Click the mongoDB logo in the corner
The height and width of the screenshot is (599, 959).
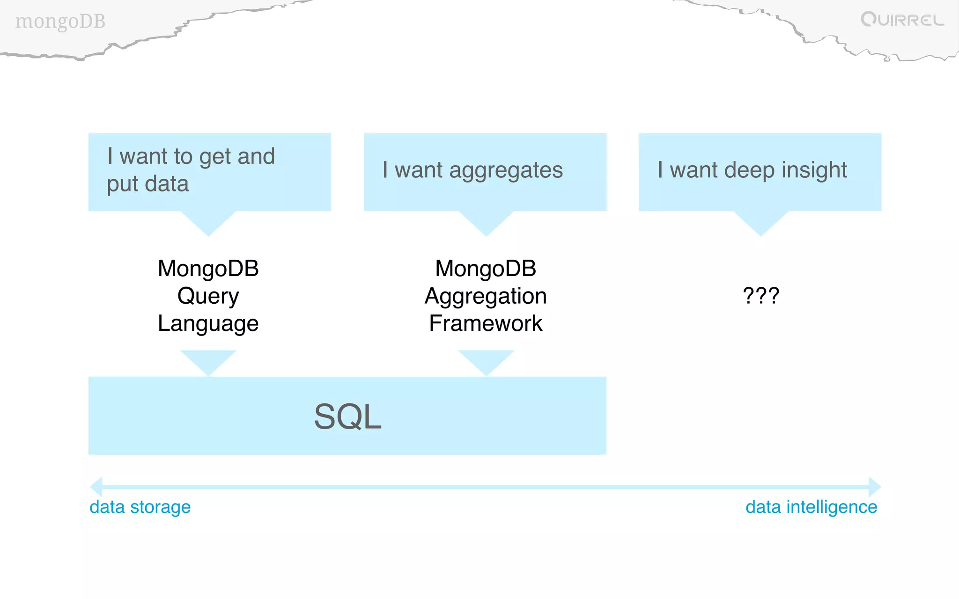[60, 22]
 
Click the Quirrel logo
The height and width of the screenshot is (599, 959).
[902, 20]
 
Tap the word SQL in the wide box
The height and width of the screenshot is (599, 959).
[347, 416]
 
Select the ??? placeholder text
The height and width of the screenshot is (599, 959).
[761, 296]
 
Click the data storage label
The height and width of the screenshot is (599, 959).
[140, 507]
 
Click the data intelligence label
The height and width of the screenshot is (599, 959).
[811, 507]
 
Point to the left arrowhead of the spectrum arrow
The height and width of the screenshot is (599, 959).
[96, 487]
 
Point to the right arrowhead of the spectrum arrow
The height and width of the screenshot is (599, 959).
[874, 487]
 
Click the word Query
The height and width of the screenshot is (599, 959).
[208, 296]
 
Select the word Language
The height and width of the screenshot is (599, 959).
[208, 323]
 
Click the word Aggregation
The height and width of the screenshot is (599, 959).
[486, 296]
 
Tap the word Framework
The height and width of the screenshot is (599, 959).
[486, 323]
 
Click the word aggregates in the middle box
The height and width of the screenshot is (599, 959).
[506, 170]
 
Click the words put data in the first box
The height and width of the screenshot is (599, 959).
[148, 184]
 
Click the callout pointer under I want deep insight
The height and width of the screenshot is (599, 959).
[760, 222]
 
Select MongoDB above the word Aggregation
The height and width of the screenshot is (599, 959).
[486, 269]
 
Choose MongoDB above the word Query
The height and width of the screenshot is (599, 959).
[208, 269]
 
